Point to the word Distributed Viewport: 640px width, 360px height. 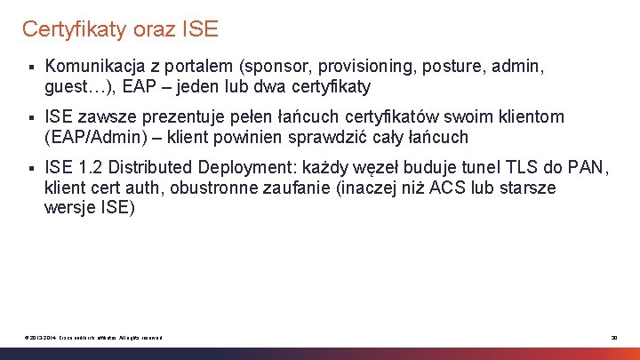[x=152, y=167]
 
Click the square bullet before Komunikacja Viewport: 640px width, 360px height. [x=30, y=67]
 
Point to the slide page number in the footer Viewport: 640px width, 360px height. [x=613, y=337]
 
